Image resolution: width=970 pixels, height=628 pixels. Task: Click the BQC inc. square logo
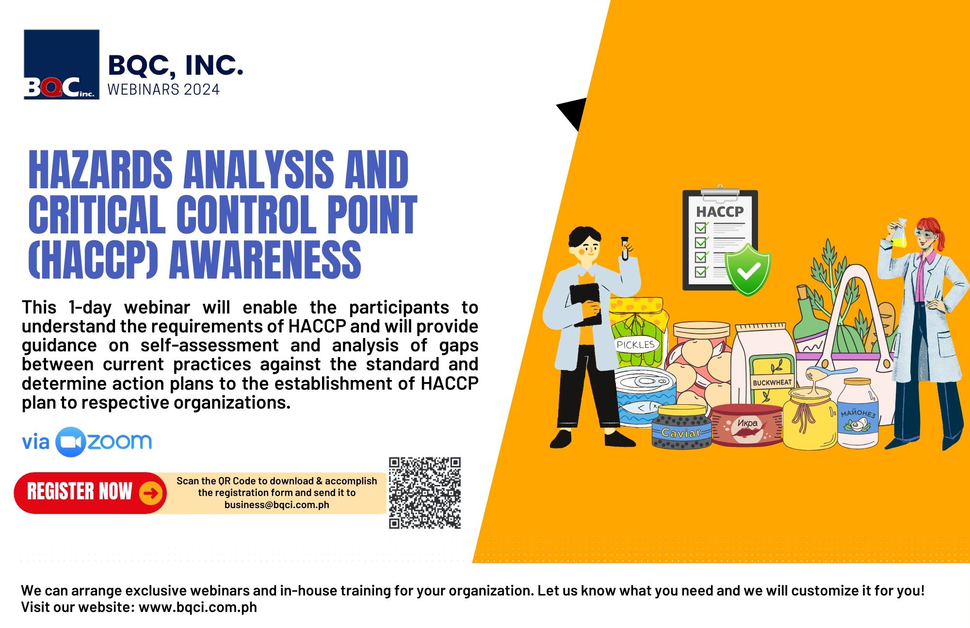pos(62,65)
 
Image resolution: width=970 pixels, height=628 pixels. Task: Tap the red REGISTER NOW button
pos(80,492)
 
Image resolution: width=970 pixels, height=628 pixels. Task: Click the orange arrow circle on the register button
pos(151,493)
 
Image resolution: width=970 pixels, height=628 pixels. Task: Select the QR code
pos(424,493)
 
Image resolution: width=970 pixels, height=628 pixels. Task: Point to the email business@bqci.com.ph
pos(276,505)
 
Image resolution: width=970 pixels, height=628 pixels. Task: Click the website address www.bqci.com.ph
pos(198,607)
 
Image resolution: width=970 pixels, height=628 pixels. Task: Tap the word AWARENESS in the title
pos(265,261)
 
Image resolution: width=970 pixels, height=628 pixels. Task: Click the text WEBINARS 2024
pos(163,90)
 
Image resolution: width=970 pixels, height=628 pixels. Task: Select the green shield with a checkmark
pos(747,270)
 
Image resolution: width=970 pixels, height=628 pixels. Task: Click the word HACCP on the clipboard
pos(720,212)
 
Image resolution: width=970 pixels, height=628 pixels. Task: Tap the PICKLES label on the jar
pos(635,345)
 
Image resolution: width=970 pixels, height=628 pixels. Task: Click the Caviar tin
pos(681,429)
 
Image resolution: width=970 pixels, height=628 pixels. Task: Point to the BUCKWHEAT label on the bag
pos(772,382)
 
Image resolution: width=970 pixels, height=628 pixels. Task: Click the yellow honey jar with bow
pos(809,417)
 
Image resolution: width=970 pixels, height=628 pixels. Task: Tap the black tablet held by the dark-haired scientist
pos(585,303)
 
